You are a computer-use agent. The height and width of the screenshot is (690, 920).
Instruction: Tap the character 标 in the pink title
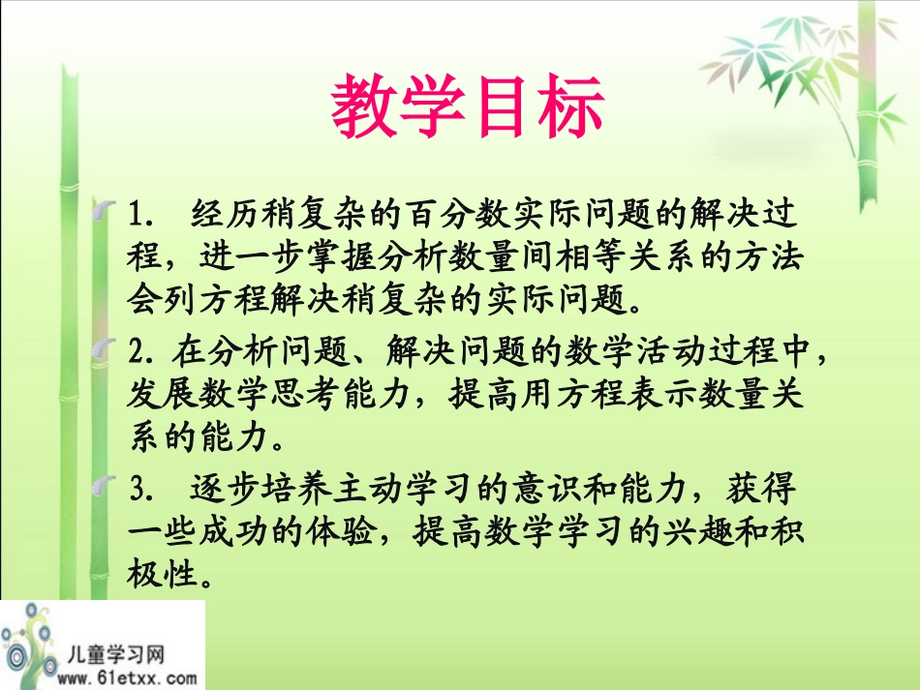(570, 108)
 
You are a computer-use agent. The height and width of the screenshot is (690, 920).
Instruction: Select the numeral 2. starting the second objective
(142, 353)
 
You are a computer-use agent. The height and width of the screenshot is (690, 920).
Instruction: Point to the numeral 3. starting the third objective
(142, 492)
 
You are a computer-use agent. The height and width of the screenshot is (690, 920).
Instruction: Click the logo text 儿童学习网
(117, 654)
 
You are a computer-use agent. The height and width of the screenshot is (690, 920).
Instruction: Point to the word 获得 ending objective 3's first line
(771, 492)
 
